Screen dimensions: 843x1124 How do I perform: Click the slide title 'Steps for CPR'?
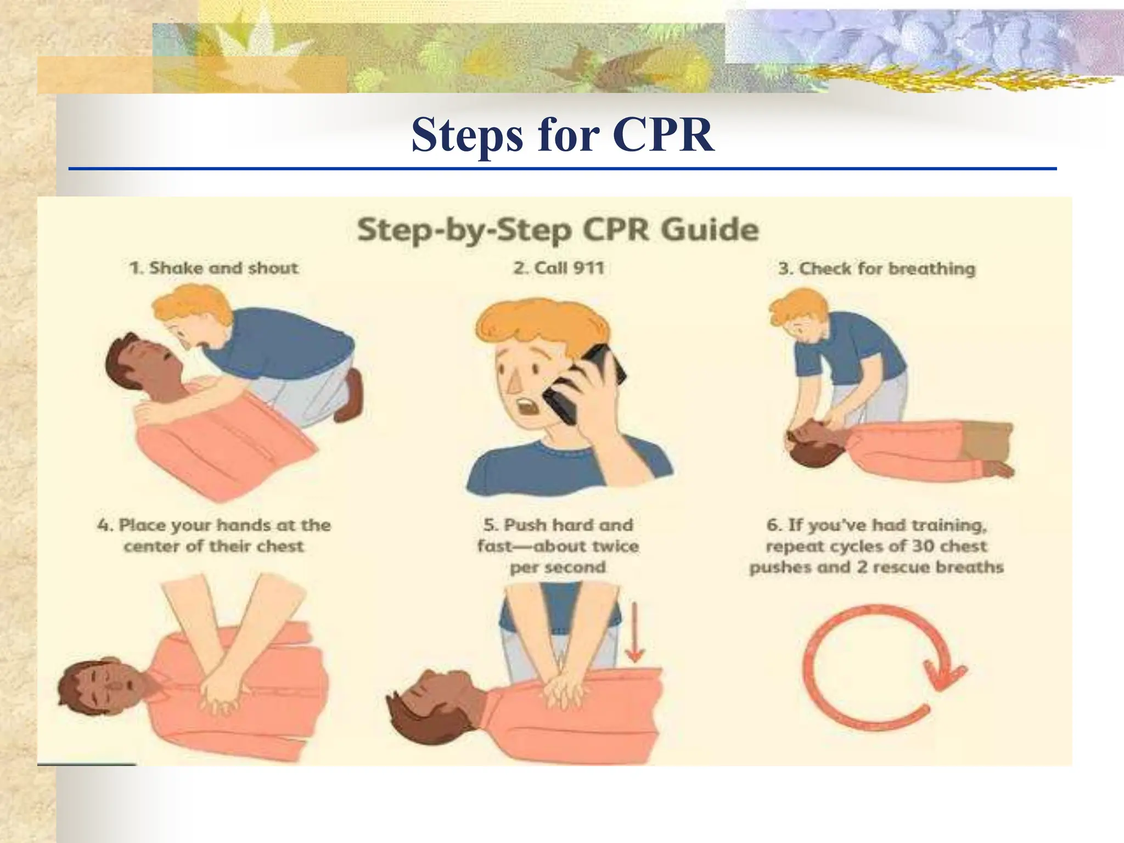tap(563, 135)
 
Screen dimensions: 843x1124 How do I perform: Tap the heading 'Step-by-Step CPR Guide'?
tap(558, 229)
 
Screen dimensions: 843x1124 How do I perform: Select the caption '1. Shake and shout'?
tap(213, 268)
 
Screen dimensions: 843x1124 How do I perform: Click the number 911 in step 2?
tap(588, 268)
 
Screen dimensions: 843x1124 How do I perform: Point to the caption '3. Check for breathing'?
tap(876, 268)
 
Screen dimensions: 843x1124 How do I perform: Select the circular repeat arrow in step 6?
tap(878, 666)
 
